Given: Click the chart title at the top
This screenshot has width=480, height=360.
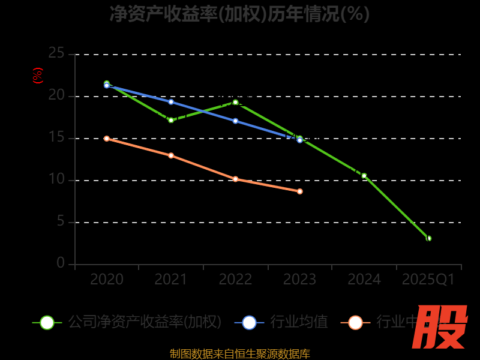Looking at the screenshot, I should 239,14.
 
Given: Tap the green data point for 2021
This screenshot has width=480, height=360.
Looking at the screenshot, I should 171,120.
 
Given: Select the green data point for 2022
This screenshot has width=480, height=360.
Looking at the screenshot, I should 235,102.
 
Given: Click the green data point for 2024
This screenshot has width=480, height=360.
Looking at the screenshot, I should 364,176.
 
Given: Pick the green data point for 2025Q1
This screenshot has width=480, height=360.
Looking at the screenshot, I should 428,238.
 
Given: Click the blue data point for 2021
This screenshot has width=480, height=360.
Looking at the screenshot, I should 171,101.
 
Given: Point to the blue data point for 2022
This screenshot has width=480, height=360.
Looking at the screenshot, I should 235,121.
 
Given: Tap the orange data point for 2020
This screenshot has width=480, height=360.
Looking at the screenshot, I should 107,139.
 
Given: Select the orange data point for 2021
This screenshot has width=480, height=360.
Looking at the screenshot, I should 171,155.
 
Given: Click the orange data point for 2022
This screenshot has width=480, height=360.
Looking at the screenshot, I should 235,179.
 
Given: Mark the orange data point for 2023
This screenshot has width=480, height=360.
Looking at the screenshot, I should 299,191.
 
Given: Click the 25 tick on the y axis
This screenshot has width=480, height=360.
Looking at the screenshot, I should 56,53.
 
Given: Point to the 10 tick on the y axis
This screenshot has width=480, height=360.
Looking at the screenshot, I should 56,179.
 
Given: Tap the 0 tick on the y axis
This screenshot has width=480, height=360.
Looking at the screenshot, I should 61,263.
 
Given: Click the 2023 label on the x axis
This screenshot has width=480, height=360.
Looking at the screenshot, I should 299,280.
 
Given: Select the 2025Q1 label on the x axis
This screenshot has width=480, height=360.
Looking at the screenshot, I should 428,280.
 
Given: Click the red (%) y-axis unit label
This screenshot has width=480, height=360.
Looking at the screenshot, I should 38,76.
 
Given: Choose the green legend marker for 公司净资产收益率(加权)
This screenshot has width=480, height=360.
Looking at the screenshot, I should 47,322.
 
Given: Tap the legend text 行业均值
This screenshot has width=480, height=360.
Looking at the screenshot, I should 299,322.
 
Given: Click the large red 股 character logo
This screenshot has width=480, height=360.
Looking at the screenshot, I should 440,327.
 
